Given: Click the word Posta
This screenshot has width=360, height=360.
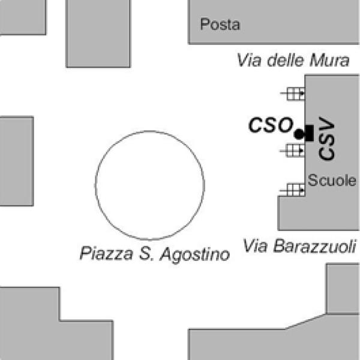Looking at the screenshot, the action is pyautogui.click(x=220, y=25).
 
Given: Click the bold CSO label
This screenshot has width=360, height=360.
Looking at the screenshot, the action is pyautogui.click(x=270, y=125).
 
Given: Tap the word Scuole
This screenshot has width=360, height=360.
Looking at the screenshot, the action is pyautogui.click(x=332, y=180).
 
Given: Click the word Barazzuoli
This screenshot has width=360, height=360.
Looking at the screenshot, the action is pyautogui.click(x=316, y=246).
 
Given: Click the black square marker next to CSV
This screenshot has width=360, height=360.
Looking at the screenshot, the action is pyautogui.click(x=308, y=133).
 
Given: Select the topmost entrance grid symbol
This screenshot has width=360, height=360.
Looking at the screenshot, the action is pyautogui.click(x=293, y=94).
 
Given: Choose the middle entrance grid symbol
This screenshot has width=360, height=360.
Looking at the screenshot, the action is pyautogui.click(x=293, y=150).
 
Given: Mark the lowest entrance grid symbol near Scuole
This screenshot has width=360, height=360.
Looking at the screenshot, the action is pyautogui.click(x=293, y=190).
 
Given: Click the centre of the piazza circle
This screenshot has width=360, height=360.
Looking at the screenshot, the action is pyautogui.click(x=149, y=185).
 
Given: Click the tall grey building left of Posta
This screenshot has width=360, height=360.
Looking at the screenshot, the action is pyautogui.click(x=97, y=33).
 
